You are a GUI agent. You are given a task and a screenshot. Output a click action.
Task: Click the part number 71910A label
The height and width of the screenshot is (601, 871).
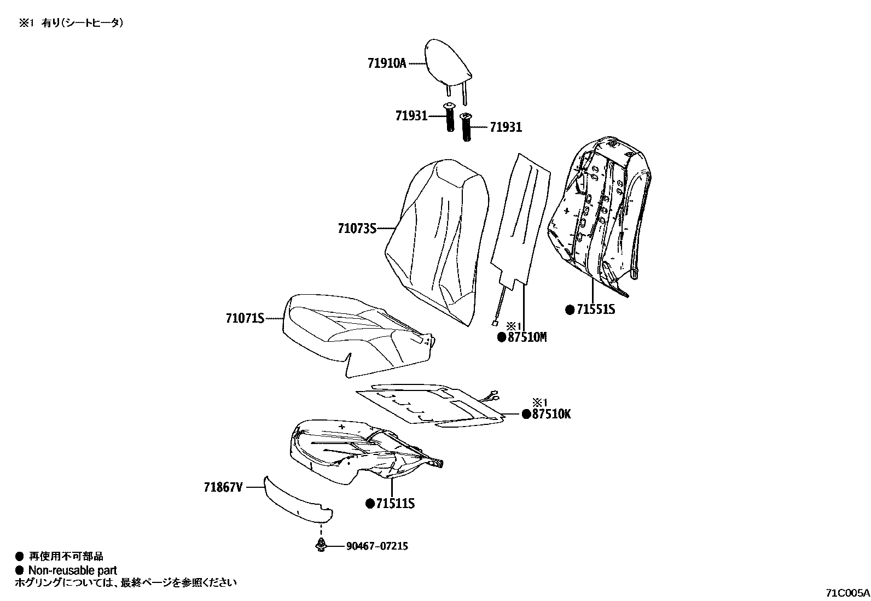coord(387,63)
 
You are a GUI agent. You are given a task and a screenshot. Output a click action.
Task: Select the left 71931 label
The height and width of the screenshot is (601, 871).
coord(411,116)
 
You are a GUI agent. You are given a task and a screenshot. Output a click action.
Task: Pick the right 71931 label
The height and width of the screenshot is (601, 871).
coord(506,127)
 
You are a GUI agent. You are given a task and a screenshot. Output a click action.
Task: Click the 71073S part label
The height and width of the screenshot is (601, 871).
coord(357,228)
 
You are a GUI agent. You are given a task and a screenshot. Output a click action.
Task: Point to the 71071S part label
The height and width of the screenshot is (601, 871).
coord(245,318)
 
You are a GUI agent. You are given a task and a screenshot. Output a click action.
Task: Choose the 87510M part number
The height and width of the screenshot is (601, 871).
coord(527,337)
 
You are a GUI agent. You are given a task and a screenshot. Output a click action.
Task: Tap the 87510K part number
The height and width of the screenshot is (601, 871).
coord(550,414)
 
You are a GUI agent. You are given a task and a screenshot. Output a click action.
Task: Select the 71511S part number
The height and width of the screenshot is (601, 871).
coord(394,503)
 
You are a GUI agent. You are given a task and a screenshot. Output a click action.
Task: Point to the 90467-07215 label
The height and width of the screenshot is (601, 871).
coord(376,546)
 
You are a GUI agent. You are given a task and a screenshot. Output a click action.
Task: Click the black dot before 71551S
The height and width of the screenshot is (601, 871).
coord(570,310)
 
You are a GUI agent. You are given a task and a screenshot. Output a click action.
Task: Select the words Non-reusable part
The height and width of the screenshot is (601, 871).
coord(72,570)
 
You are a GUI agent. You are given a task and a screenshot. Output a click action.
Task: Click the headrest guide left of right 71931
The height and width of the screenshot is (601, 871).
coord(467,127)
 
